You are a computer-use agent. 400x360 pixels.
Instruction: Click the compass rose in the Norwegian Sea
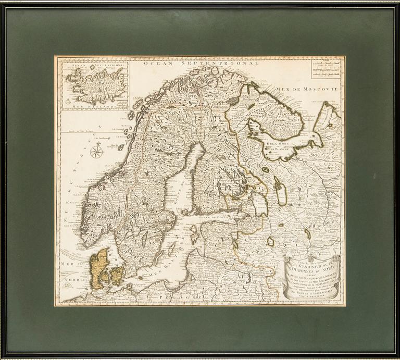pos(96,152)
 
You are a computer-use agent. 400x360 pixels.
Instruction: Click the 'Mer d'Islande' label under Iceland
pos(95,104)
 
